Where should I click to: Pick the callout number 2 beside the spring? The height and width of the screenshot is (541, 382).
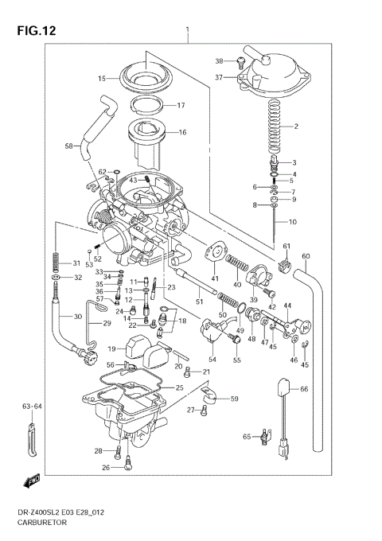tap(296, 126)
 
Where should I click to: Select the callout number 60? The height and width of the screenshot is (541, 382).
tap(306, 255)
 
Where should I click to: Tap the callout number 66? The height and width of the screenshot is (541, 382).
tap(303, 389)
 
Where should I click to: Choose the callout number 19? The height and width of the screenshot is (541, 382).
tap(112, 348)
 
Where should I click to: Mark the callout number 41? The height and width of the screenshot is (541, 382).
tap(214, 278)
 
